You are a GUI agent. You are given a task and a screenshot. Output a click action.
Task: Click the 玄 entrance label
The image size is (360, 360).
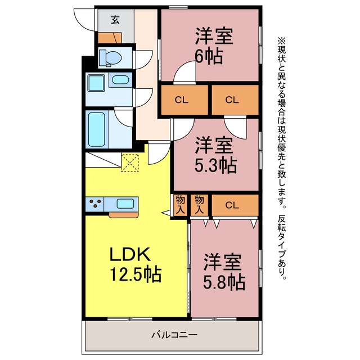(x=115, y=20)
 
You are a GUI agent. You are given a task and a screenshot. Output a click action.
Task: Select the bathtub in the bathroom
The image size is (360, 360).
(x=97, y=129)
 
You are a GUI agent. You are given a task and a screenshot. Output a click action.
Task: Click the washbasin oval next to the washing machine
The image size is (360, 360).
(x=120, y=80)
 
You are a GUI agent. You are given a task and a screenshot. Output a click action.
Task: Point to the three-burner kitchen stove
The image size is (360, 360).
(x=95, y=204)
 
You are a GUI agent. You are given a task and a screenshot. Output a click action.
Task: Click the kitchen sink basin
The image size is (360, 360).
(x=125, y=204)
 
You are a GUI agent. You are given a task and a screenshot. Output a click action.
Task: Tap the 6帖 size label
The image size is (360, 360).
(x=209, y=56)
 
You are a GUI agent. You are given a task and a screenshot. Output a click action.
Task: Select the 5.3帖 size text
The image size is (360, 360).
(x=215, y=165)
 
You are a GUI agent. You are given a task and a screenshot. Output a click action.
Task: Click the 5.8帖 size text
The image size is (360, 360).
(x=224, y=281)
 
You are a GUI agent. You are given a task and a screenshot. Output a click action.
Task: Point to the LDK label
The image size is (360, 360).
(x=130, y=254)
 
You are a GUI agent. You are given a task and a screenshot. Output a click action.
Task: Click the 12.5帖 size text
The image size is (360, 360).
(x=136, y=274)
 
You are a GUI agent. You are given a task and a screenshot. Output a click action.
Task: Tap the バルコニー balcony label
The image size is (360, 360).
(x=174, y=335)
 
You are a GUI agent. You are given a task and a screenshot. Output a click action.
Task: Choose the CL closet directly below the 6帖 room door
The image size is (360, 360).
(x=184, y=100)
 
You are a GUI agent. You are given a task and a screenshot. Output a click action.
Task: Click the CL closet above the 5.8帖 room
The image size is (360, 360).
(x=235, y=205)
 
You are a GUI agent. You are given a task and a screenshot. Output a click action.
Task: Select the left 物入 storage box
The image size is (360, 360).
(x=180, y=205)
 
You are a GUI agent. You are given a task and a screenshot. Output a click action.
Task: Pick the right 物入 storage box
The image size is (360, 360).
(x=199, y=205)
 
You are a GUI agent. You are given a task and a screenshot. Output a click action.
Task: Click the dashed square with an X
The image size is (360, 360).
(x=130, y=163)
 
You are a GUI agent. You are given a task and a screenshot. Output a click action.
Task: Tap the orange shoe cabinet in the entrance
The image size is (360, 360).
(x=110, y=38)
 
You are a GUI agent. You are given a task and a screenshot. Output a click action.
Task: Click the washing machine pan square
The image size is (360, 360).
(x=96, y=83)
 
